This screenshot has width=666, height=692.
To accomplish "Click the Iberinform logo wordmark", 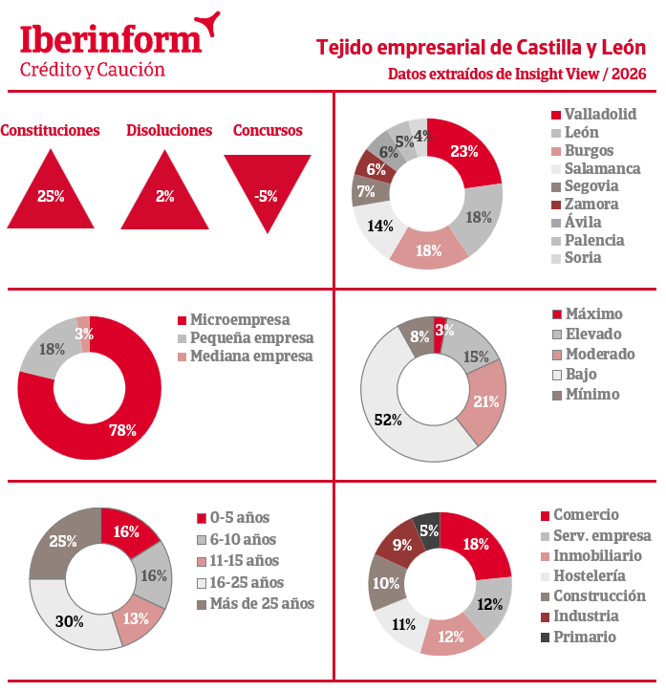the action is [110, 40].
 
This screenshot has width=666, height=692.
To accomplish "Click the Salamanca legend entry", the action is [596, 168].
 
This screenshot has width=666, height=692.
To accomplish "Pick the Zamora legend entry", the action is [586, 204].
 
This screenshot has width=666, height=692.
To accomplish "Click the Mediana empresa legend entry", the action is [246, 357].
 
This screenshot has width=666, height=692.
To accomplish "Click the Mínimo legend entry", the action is [586, 394].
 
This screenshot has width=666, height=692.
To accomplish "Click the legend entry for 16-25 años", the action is [241, 582].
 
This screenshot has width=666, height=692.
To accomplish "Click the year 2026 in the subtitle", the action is [629, 74].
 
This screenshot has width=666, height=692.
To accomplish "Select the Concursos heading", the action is [268, 130].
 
